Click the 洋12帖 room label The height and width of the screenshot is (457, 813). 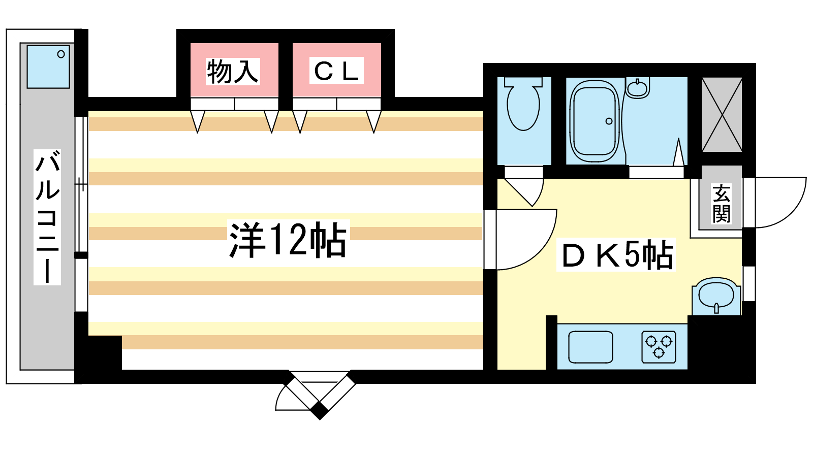pos(288,240)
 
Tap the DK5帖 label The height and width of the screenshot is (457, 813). pos(616,254)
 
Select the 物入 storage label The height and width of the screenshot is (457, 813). pos(233,71)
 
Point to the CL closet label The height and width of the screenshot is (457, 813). pos(336,71)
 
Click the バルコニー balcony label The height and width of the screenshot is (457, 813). pos(47,217)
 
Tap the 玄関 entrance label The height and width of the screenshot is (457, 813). pos(721,204)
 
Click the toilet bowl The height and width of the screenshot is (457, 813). pos(523,107)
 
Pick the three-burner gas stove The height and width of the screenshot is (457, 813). pos(659,347)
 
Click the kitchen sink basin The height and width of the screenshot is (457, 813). pos(590,347)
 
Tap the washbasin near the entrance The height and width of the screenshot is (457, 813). pos(716,295)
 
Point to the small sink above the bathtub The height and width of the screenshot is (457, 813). pos(637,88)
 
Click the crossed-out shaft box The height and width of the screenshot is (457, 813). pos(722,115)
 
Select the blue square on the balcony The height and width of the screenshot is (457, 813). pos(48,67)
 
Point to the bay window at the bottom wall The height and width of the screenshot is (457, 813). pos(319,394)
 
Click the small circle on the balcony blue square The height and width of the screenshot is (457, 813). pos(61,54)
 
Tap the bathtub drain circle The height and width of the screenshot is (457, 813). pos(609,121)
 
